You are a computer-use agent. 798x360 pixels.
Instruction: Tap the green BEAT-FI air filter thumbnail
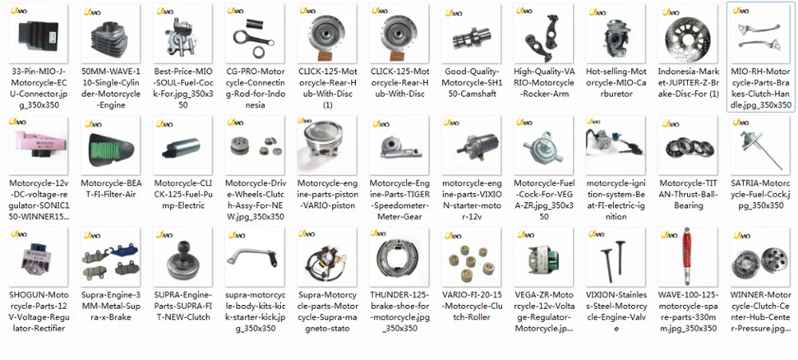(x=110, y=147)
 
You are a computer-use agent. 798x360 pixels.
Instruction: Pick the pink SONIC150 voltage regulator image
(x=38, y=147)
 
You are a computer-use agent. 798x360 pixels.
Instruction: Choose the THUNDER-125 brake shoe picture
(x=398, y=257)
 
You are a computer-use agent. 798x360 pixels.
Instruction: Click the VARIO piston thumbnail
(x=326, y=147)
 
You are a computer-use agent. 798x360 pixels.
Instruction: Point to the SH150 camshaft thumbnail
(x=470, y=36)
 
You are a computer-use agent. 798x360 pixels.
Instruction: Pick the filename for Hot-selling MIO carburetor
(x=614, y=82)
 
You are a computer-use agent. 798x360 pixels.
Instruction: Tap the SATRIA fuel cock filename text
(x=759, y=194)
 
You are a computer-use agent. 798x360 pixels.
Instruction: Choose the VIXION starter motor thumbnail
(x=470, y=147)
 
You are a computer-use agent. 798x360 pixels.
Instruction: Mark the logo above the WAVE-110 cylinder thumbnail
(x=89, y=11)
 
